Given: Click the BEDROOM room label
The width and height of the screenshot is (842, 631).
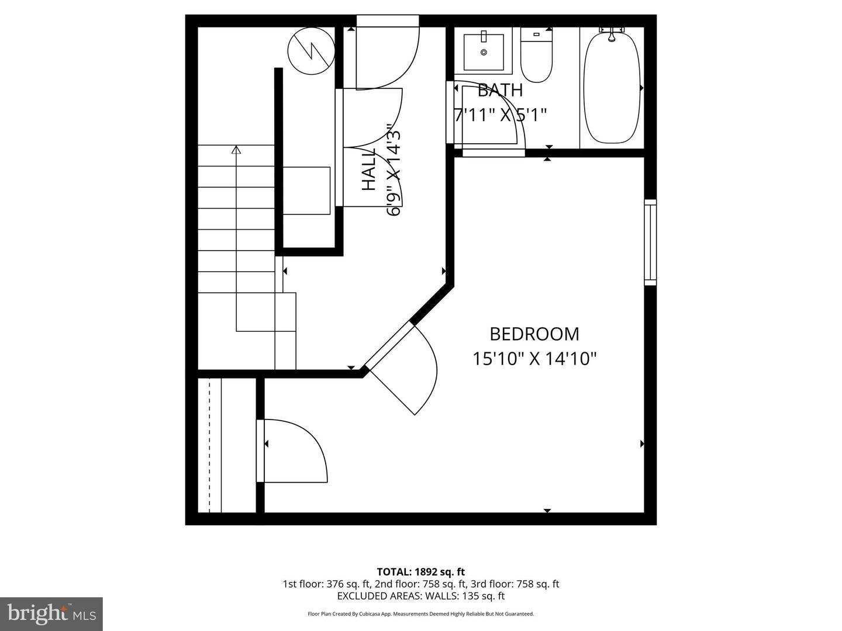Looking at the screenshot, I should tap(534, 334).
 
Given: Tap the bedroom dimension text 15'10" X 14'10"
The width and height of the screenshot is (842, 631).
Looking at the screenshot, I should tap(534, 358).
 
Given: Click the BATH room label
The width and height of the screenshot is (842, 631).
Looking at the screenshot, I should tap(500, 91).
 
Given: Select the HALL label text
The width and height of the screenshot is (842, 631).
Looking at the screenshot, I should tap(369, 169).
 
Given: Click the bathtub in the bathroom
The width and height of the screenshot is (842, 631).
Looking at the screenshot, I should tap(612, 87).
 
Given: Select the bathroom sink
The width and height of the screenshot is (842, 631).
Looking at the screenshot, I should tap(484, 51).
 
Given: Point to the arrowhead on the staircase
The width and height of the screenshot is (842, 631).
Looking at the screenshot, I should tap(236, 150).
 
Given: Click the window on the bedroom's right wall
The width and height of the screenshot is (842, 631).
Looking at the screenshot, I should tap(650, 242).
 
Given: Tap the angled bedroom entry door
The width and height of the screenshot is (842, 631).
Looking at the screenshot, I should tap(403, 368).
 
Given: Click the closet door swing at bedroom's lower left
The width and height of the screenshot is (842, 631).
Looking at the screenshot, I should tap(295, 450).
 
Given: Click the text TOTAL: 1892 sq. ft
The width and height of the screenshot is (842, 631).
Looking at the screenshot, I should tap(420, 572).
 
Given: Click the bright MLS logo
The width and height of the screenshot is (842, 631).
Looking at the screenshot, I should tap(51, 613).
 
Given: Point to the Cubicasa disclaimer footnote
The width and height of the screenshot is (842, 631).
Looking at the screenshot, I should tap(420, 614).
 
